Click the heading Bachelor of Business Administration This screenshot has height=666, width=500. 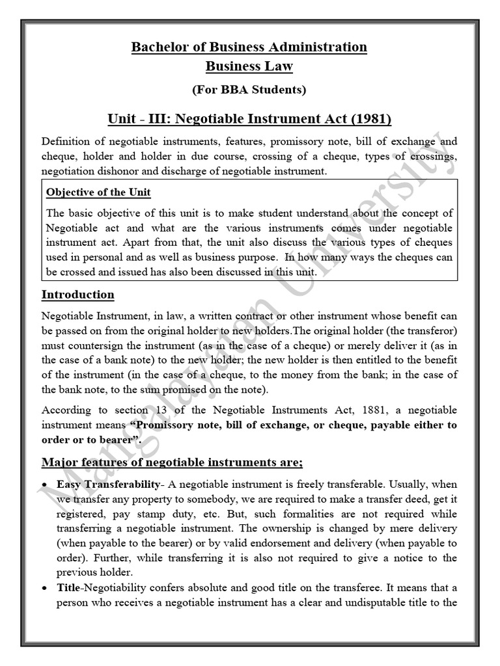(x=249, y=47)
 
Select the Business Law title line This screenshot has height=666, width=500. (x=249, y=66)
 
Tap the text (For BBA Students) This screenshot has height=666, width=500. (x=249, y=90)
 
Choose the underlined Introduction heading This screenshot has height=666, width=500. (x=77, y=295)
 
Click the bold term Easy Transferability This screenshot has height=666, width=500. (x=108, y=485)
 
